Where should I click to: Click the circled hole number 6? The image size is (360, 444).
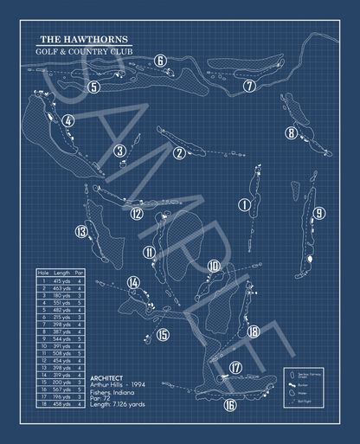point(160,61)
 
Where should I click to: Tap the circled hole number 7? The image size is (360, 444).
point(249,86)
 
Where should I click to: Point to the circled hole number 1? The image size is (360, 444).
point(244,204)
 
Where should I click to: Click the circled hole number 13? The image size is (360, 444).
point(81,231)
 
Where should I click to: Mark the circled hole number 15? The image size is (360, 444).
point(164,335)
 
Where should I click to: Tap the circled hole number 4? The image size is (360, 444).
point(67,121)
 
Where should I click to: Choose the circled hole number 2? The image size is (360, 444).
point(179,153)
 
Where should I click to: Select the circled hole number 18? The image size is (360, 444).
point(253,331)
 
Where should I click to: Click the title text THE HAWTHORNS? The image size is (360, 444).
point(81,40)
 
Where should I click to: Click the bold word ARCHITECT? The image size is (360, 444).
point(106,378)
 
